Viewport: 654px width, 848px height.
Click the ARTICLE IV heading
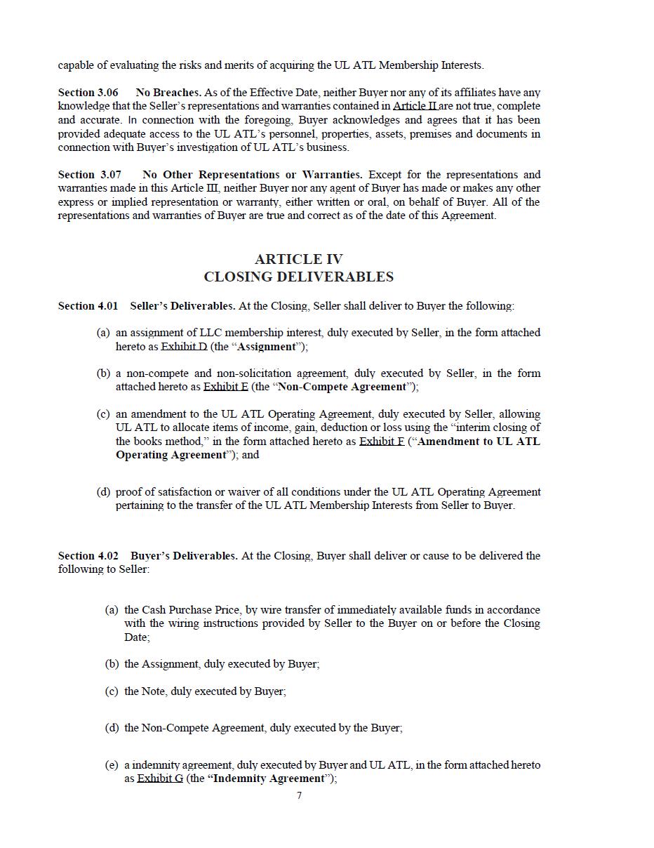pos(298,259)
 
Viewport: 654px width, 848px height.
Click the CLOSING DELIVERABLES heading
pos(298,277)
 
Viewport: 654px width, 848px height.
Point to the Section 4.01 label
pos(88,306)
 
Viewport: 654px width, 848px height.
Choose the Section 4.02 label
pos(88,556)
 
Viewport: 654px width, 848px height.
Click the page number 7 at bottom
pos(300,795)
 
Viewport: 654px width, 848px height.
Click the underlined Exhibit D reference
pos(184,347)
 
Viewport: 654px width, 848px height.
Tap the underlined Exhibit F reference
pos(382,442)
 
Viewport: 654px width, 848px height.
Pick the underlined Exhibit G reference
pos(159,779)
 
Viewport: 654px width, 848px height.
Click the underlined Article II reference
pos(415,106)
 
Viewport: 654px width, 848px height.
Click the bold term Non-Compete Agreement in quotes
pos(342,387)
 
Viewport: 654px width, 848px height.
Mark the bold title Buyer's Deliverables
pos(183,556)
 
